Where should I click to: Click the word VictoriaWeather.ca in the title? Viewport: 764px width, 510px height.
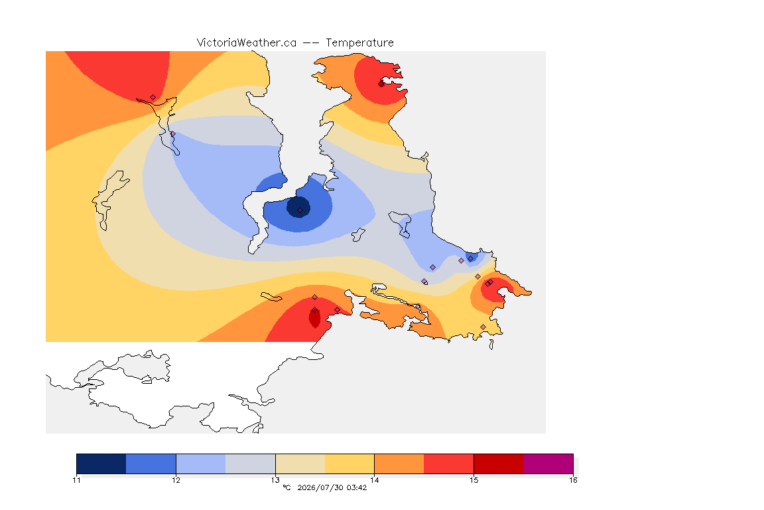pyautogui.click(x=247, y=43)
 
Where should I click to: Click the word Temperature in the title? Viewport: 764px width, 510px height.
pyautogui.click(x=359, y=43)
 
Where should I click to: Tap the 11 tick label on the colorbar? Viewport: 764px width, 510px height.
pyautogui.click(x=76, y=480)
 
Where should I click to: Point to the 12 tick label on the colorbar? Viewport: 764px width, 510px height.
pyautogui.click(x=176, y=480)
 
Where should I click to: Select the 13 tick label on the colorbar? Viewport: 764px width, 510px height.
pyautogui.click(x=275, y=480)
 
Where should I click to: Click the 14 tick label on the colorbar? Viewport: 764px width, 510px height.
pyautogui.click(x=374, y=480)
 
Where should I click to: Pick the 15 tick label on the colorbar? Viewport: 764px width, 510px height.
pyautogui.click(x=474, y=480)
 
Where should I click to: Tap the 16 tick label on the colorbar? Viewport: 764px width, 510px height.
pyautogui.click(x=573, y=480)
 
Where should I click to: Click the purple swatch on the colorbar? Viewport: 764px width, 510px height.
pyautogui.click(x=548, y=464)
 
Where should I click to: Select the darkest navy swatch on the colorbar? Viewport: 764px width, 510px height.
pyautogui.click(x=101, y=464)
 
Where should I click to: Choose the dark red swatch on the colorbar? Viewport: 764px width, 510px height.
pyautogui.click(x=499, y=464)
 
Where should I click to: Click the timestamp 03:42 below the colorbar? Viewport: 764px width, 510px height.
pyautogui.click(x=357, y=487)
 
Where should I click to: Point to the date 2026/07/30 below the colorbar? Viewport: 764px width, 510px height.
pyautogui.click(x=320, y=487)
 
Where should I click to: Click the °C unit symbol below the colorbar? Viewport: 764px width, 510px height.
pyautogui.click(x=286, y=487)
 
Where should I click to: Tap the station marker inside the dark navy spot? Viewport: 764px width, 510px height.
pyautogui.click(x=300, y=211)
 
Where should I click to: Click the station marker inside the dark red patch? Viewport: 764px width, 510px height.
pyautogui.click(x=315, y=310)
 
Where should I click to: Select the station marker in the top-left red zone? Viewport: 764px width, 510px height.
pyautogui.click(x=153, y=98)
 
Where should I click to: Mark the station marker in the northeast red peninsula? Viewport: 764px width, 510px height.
pyautogui.click(x=381, y=84)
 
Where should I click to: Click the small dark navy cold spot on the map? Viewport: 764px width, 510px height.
pyautogui.click(x=298, y=207)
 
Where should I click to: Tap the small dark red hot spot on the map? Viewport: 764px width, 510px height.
pyautogui.click(x=315, y=317)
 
